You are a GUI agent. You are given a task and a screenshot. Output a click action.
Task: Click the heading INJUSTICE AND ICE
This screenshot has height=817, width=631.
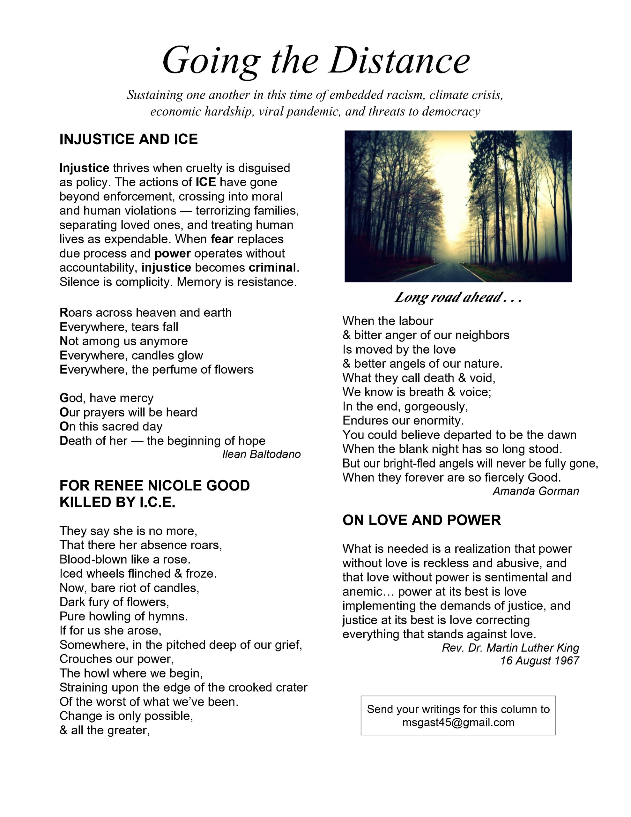point(128,139)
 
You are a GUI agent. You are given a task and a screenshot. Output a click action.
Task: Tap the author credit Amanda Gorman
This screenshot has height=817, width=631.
point(536,491)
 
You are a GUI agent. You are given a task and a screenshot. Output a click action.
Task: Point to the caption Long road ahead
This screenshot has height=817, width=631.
point(457,297)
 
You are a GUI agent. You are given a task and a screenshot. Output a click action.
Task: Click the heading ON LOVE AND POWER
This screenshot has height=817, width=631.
point(421,520)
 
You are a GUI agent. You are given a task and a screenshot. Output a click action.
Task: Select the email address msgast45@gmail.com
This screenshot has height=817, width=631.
point(458,722)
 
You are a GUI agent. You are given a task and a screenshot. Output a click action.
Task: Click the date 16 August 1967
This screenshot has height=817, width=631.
point(539,661)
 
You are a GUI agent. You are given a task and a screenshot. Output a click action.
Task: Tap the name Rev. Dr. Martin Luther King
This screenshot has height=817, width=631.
point(510,648)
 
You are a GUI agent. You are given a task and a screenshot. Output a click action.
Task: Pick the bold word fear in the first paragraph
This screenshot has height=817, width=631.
point(222,239)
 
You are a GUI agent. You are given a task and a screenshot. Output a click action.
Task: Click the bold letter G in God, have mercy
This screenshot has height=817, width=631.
point(63,398)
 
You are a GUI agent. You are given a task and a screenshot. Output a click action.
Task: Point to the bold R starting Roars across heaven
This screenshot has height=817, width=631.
point(63,313)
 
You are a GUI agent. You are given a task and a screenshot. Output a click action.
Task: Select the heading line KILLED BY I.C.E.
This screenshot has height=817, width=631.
point(117,502)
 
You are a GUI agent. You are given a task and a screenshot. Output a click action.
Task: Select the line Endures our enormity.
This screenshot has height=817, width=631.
point(403,421)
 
